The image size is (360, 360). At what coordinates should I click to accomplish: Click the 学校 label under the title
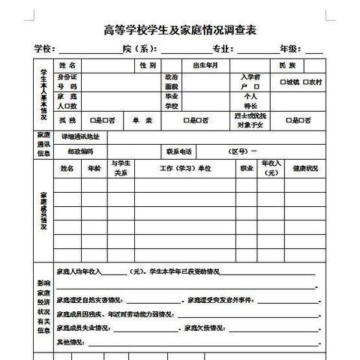click(x=45, y=49)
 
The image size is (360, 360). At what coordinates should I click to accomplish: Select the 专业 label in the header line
click(x=220, y=49)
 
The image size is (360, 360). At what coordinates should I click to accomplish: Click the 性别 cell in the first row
click(x=148, y=65)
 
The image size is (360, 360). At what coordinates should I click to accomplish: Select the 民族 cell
click(x=288, y=65)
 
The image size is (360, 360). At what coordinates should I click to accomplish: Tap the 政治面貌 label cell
click(x=172, y=82)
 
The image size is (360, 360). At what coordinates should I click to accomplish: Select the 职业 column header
click(x=246, y=169)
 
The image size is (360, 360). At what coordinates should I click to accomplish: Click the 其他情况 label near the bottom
click(x=71, y=342)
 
